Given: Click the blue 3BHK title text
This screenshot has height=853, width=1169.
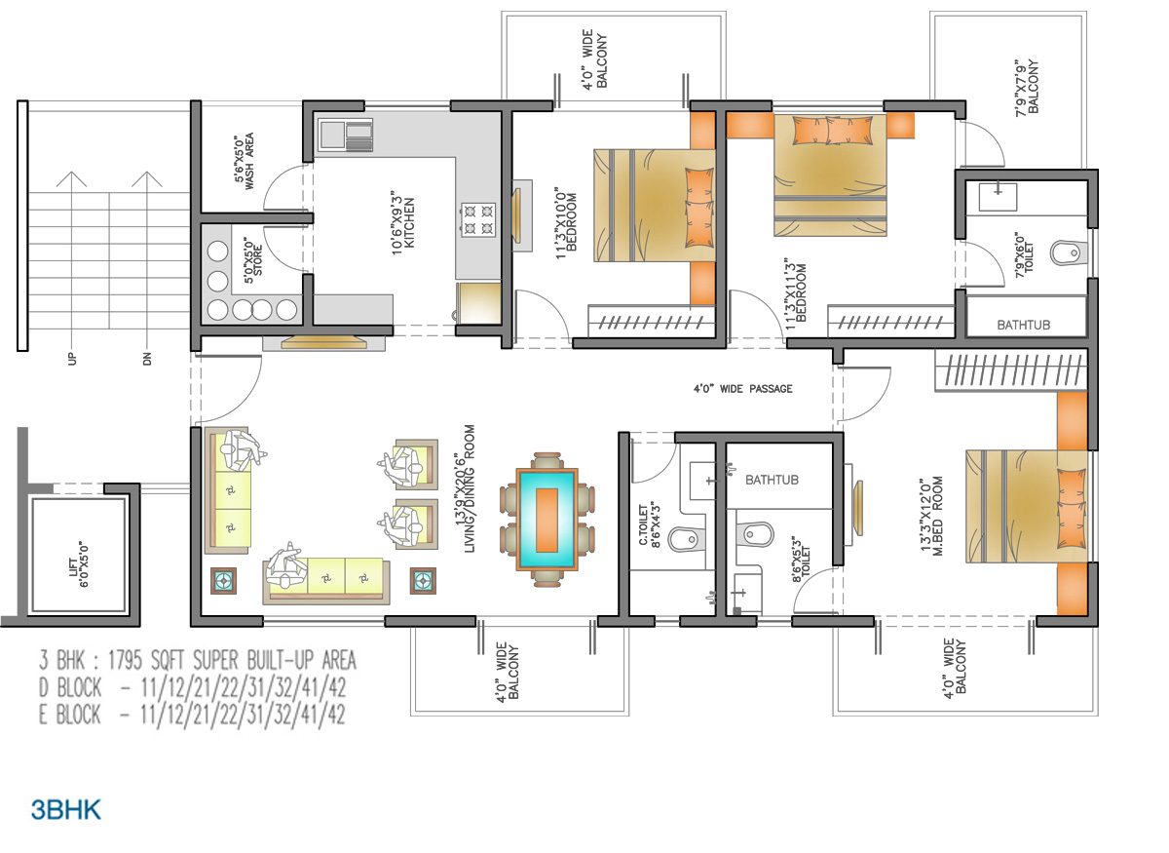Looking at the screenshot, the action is pyautogui.click(x=66, y=810).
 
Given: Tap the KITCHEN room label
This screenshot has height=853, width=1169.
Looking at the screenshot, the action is pyautogui.click(x=409, y=222).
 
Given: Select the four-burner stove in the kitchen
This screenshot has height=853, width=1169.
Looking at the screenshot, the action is pyautogui.click(x=478, y=219).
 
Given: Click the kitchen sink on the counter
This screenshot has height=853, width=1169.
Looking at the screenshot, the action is pyautogui.click(x=346, y=136).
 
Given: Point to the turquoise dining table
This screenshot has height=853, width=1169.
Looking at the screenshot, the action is pyautogui.click(x=547, y=520).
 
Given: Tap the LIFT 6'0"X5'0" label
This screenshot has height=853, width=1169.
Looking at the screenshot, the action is pyautogui.click(x=78, y=565).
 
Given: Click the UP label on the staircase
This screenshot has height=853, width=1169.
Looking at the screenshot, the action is pyautogui.click(x=72, y=359).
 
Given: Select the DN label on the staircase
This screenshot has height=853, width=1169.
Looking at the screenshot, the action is pyautogui.click(x=147, y=359).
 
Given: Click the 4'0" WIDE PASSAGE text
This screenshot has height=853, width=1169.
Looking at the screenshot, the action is pyautogui.click(x=742, y=389).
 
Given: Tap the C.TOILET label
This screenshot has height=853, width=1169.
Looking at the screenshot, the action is pyautogui.click(x=643, y=524).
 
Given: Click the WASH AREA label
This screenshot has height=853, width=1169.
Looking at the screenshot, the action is pyautogui.click(x=249, y=161).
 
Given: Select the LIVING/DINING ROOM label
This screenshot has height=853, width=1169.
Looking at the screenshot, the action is pyautogui.click(x=470, y=488).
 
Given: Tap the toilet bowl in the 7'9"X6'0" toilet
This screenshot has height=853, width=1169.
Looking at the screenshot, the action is pyautogui.click(x=1068, y=253).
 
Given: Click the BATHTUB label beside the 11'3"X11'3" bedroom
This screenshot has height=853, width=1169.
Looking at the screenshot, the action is pyautogui.click(x=1024, y=325).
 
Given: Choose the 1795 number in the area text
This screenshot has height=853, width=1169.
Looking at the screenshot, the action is pyautogui.click(x=126, y=660).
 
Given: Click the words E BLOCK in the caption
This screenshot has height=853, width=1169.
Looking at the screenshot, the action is pyautogui.click(x=69, y=714).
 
